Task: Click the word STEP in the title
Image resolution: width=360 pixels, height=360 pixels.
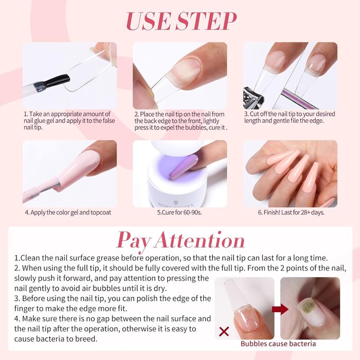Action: [206, 21]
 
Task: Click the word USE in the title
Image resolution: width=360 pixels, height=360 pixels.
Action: [148, 21]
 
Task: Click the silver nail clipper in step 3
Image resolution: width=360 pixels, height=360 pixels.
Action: [254, 98]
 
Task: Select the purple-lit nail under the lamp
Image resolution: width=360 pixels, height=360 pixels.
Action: [183, 167]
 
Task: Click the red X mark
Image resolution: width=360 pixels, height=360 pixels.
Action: [224, 332]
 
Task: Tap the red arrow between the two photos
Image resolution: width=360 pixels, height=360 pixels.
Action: [280, 309]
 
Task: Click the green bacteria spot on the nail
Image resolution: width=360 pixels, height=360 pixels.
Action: [308, 307]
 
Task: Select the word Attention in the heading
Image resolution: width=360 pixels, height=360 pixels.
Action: [200, 240]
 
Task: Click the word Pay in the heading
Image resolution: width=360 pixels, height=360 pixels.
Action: [133, 242]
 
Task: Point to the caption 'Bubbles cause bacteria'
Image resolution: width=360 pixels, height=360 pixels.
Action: [278, 344]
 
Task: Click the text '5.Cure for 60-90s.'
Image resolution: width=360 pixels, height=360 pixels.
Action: [179, 212]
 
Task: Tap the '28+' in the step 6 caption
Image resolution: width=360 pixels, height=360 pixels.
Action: [305, 212]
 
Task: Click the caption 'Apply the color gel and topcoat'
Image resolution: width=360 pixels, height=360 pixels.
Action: [71, 212]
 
